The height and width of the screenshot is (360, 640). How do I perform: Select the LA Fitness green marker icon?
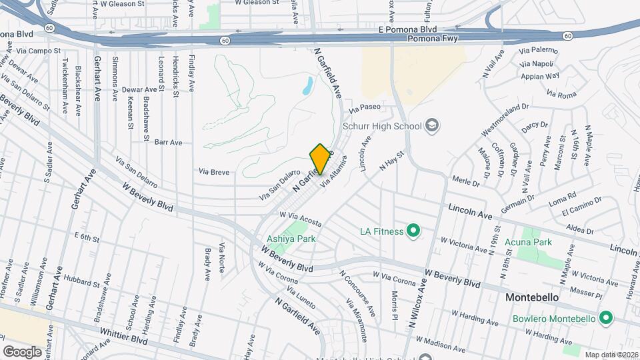[x=413, y=231]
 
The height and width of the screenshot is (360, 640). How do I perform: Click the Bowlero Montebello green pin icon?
[x=605, y=318]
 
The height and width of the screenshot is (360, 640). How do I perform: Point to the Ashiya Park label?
[x=290, y=238]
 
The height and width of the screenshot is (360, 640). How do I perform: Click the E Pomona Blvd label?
[x=407, y=29]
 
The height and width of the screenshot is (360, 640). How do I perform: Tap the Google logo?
[x=22, y=351]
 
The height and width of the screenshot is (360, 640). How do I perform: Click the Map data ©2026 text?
[x=611, y=355]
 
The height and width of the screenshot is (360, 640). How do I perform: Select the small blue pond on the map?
[x=307, y=85]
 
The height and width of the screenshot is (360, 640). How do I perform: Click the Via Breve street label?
[x=213, y=171]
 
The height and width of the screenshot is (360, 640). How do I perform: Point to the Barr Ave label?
[x=168, y=142]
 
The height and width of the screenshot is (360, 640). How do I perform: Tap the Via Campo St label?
[x=39, y=50]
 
